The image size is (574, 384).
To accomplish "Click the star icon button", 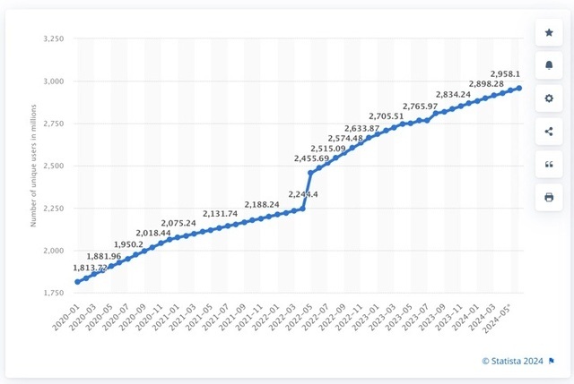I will (549, 33).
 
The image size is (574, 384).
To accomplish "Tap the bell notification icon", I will (549, 66).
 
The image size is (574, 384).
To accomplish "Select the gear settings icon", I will (549, 98).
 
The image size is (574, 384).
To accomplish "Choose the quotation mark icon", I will (549, 165).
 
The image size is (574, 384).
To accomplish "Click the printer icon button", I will (549, 197).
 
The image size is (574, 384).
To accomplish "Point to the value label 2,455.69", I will (311, 158).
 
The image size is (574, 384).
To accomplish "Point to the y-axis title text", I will (34, 166).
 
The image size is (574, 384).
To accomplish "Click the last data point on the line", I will (518, 88).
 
